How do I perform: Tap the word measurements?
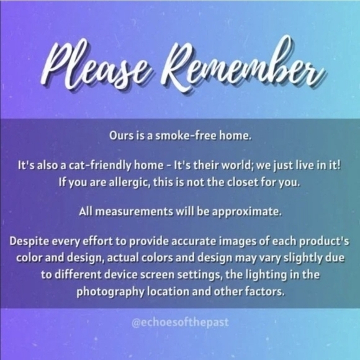[134, 212]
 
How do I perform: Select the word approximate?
[246, 212]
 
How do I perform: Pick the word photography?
[110, 292]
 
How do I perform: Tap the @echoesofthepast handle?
[180, 322]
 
